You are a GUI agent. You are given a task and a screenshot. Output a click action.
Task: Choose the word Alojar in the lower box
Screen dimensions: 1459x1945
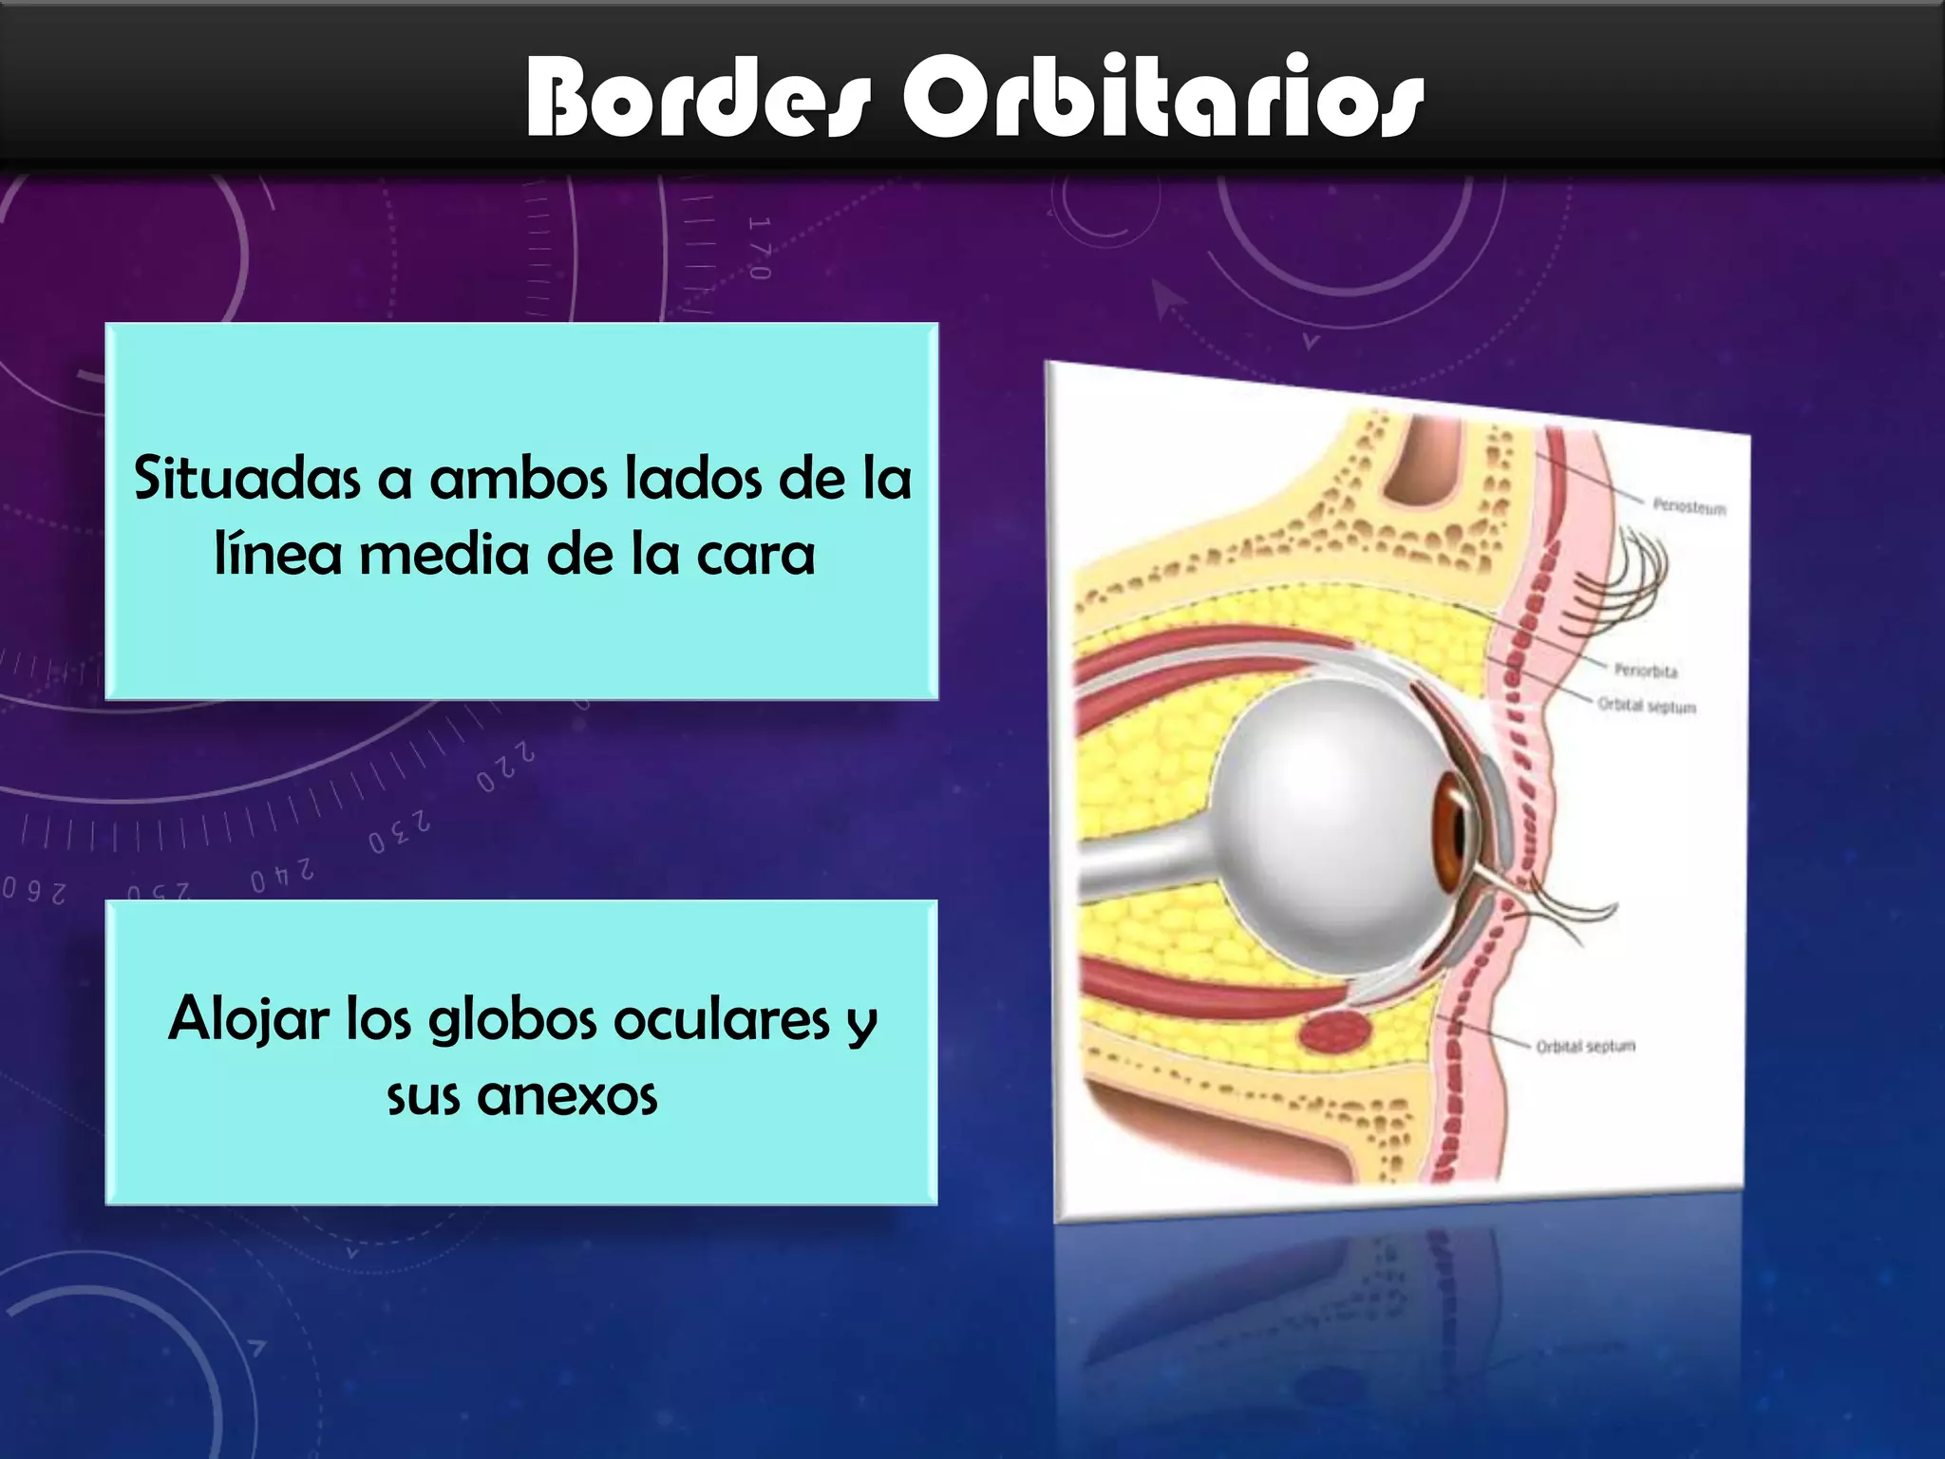click(248, 1019)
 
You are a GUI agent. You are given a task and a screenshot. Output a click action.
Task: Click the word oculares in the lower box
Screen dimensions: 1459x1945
click(722, 1019)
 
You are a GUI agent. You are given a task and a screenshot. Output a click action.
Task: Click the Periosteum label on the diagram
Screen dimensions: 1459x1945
click(1689, 506)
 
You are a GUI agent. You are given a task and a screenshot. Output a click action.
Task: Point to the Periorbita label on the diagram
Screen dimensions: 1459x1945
click(1646, 671)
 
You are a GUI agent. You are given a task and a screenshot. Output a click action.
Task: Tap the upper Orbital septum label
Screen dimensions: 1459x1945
click(1646, 706)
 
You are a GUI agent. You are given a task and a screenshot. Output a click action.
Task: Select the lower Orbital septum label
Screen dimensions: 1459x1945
click(1585, 1046)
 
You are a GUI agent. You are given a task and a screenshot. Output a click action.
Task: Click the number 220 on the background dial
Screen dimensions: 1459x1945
click(505, 767)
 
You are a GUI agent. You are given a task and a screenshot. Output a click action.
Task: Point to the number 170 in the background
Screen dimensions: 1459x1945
click(759, 249)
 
